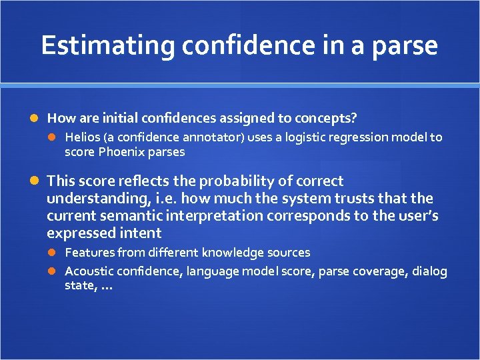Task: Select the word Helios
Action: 81,137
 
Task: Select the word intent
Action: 142,233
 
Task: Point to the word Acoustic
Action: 89,271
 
